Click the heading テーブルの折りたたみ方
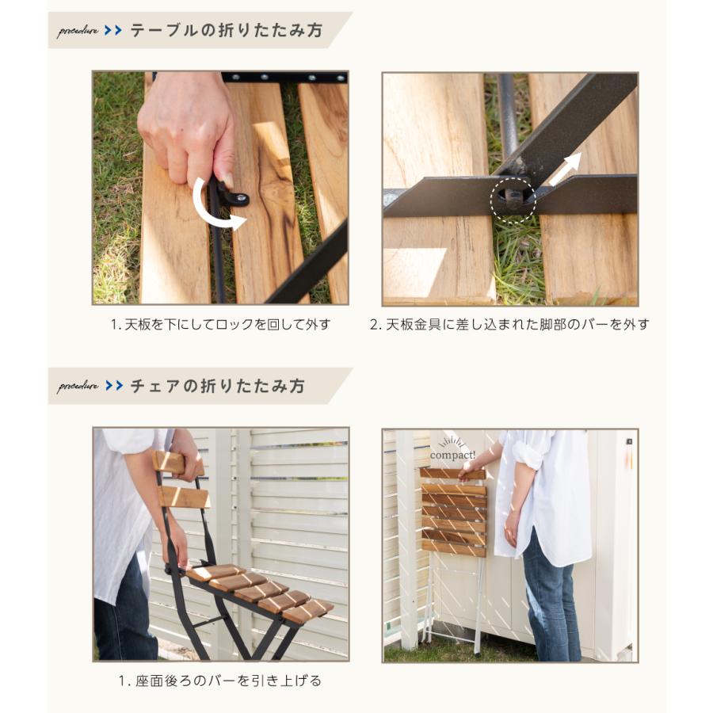[x=227, y=30]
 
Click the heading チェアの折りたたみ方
[x=217, y=386]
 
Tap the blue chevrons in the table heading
[x=112, y=30]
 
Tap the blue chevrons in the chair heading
[x=113, y=386]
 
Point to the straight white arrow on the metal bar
[x=565, y=170]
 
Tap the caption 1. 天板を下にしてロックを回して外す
[x=220, y=325]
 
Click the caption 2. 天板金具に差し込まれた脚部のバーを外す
[x=509, y=325]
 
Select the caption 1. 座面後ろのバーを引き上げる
[x=220, y=681]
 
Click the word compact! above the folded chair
[x=452, y=455]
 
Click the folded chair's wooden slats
[x=453, y=512]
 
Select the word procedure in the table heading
[x=78, y=31]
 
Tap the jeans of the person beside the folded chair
[x=551, y=601]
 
